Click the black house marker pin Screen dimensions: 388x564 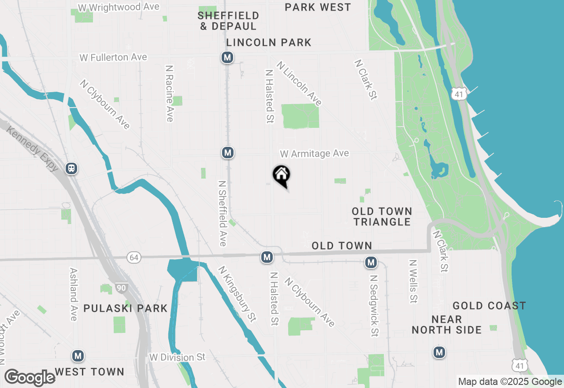tap(281, 175)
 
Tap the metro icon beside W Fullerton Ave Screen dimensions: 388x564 tap(227, 57)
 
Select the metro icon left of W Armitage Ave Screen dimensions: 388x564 tap(227, 153)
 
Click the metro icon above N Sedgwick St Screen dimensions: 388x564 tap(371, 263)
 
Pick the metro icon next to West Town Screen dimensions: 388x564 tap(78, 356)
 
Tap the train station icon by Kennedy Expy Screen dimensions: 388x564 tap(71, 168)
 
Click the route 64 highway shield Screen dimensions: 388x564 tap(134, 257)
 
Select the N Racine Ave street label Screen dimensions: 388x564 tap(169, 93)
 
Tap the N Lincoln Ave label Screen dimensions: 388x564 tap(299, 83)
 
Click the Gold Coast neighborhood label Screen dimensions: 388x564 tap(489, 306)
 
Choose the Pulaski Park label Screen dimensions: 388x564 tap(126, 308)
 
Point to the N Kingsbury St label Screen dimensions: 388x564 tap(237, 294)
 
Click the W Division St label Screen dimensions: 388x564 tap(177, 357)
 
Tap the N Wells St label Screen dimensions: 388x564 tap(413, 281)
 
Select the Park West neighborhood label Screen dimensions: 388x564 tap(318, 7)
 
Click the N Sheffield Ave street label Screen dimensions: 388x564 tap(223, 213)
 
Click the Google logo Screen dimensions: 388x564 tap(30, 377)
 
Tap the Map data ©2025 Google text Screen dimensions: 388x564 tap(509, 382)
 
